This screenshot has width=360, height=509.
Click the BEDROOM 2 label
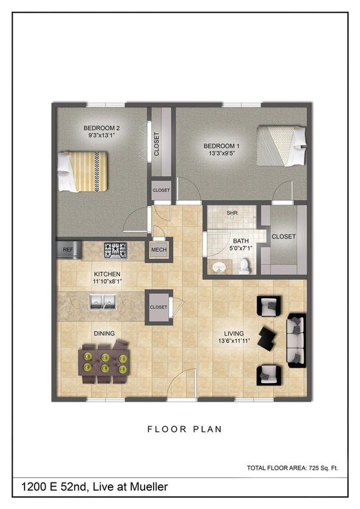coord(101,129)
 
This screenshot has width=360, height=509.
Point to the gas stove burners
coord(115,250)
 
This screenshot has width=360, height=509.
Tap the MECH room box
coord(159,250)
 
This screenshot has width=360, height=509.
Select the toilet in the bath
coord(244,265)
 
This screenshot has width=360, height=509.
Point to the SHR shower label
coord(232,213)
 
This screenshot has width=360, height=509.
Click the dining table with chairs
coord(104,362)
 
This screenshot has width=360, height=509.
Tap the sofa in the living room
coord(295,337)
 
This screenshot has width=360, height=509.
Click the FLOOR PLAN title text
coord(184,429)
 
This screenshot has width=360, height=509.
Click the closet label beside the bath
coord(283,237)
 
